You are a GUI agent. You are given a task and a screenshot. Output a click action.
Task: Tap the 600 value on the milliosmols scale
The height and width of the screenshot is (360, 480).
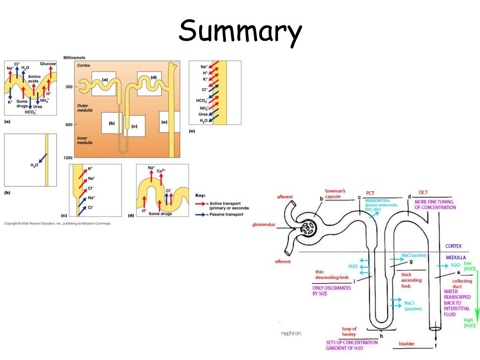coord(68,124)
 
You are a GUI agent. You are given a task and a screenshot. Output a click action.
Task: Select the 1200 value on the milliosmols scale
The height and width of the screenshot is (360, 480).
coord(67,157)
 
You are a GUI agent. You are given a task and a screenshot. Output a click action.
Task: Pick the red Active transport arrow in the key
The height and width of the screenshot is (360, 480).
coord(201,204)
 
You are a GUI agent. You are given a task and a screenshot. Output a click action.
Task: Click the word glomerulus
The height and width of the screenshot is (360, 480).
coord(265,225)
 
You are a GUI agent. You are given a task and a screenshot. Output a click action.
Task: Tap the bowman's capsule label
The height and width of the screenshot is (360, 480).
coord(335,194)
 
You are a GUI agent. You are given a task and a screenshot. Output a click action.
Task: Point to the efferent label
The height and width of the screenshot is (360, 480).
coord(283,262)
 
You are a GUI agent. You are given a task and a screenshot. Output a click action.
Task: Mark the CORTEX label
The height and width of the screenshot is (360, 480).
coord(453,246)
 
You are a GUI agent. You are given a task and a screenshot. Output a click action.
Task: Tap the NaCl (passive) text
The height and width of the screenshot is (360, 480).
coord(412,306)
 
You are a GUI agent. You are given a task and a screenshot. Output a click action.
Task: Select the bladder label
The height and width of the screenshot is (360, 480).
coord(406,344)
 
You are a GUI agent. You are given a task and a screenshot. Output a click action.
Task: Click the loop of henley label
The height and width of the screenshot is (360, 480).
coord(349,332)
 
